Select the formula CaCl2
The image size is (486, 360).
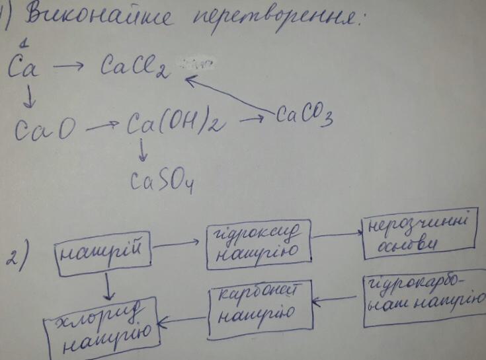[x=135, y=66]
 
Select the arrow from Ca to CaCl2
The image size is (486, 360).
[x=69, y=65]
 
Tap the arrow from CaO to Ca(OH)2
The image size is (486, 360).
[x=102, y=125]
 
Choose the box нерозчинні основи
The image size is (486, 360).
[x=419, y=236]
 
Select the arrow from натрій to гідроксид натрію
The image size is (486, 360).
[x=177, y=244]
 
